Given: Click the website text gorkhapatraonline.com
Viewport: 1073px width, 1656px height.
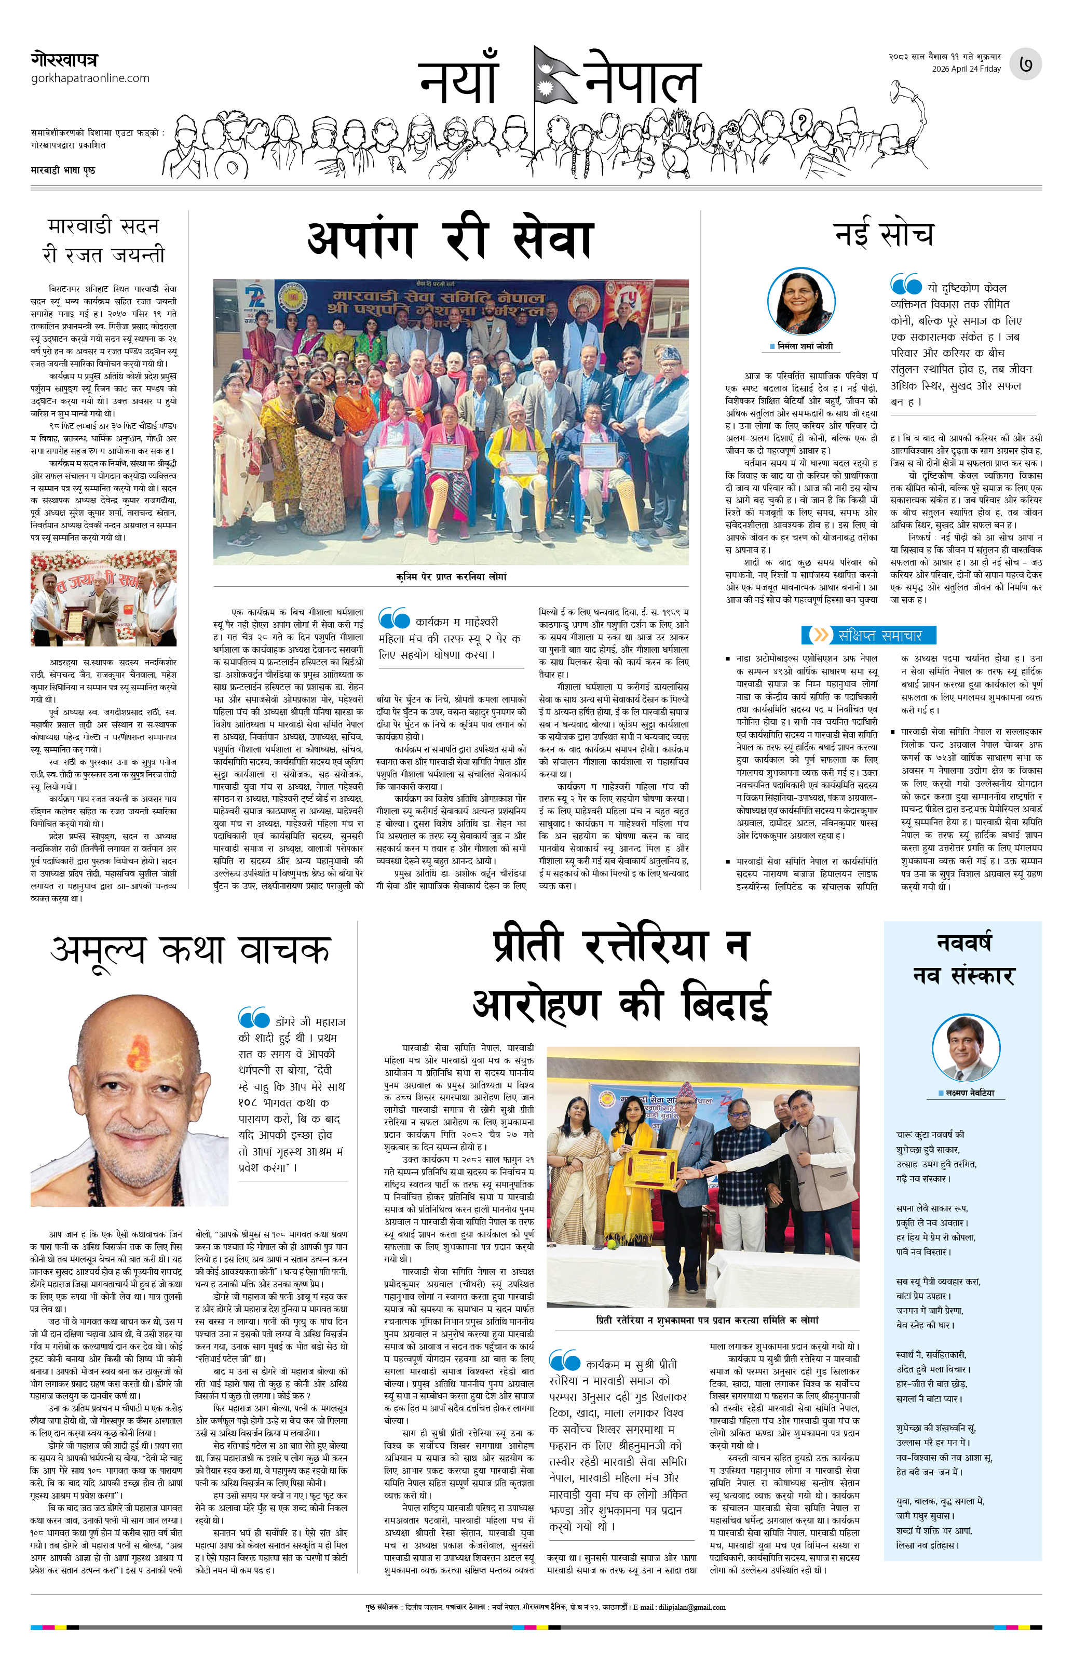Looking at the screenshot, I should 90,78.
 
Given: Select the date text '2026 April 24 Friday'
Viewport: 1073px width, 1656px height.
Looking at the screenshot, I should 966,69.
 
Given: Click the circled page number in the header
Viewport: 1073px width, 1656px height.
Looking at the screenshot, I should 1025,64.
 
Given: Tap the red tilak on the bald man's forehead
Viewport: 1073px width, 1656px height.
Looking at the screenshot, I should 139,1054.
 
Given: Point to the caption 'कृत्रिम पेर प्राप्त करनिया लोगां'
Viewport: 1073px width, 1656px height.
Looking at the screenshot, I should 451,577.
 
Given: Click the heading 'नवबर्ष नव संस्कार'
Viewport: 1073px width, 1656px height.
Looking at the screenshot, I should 963,960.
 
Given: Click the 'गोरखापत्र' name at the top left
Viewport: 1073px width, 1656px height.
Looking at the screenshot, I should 64,60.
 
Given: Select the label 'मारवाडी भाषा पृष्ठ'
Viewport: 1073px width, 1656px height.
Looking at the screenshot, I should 63,170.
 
